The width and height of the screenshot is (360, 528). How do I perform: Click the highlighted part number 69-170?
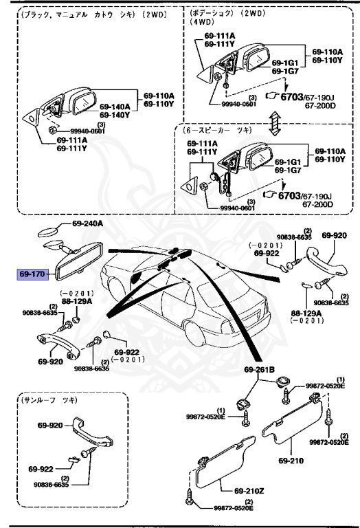(32, 274)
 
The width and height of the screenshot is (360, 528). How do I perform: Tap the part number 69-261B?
(258, 369)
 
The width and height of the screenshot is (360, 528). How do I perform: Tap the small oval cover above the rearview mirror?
(47, 231)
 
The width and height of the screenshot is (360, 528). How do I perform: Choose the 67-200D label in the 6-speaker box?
(319, 204)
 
